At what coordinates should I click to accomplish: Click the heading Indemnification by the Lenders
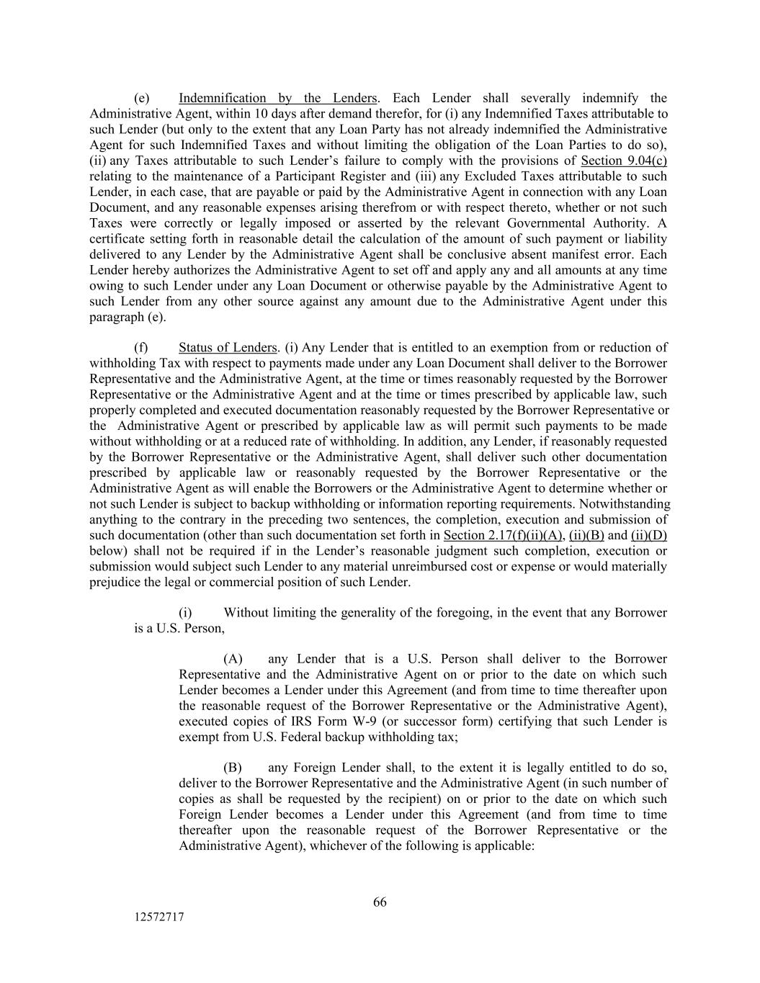[x=277, y=98]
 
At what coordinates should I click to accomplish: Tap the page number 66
[x=380, y=902]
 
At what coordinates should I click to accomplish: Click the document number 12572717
[x=158, y=917]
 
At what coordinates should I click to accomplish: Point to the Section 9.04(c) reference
[x=624, y=161]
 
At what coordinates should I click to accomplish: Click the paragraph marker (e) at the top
[x=142, y=98]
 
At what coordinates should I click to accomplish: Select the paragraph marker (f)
[x=142, y=348]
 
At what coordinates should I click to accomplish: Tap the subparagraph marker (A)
[x=233, y=659]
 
